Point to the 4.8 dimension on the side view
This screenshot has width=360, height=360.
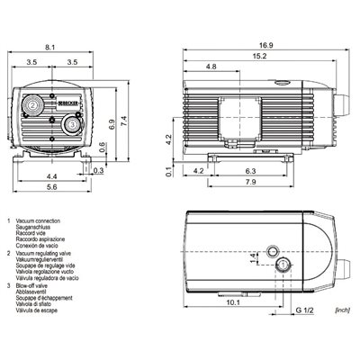(x=211, y=67)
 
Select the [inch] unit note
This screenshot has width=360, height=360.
(x=340, y=309)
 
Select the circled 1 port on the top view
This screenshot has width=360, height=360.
(x=285, y=265)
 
